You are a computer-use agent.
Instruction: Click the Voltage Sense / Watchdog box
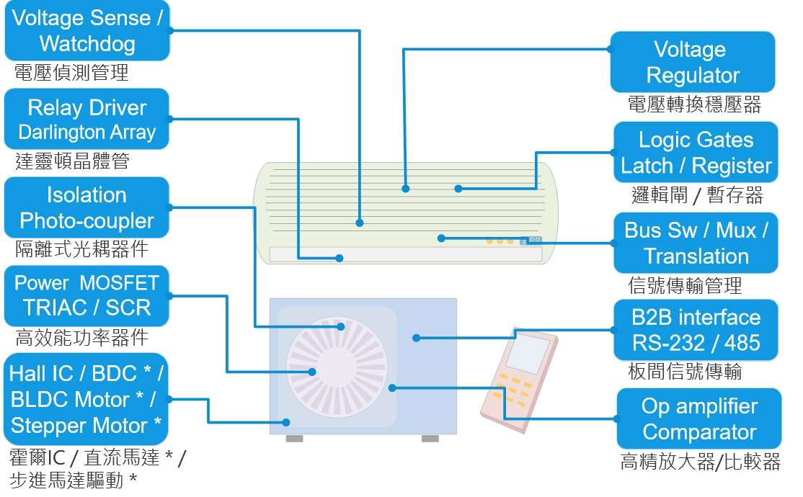(x=87, y=31)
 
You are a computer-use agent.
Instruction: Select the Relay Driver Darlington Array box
(x=87, y=120)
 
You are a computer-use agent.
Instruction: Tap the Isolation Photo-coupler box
(x=87, y=208)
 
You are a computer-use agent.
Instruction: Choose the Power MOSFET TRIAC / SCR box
(x=87, y=295)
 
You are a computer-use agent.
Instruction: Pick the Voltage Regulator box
(x=693, y=62)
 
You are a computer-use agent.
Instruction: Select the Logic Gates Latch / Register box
(x=696, y=153)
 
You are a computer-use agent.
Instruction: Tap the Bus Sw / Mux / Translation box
(x=696, y=243)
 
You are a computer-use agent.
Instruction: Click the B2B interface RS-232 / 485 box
(x=696, y=330)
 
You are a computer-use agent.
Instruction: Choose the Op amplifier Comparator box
(x=699, y=418)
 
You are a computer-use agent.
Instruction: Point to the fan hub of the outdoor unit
(x=312, y=372)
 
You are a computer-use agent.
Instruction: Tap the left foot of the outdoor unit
(x=294, y=438)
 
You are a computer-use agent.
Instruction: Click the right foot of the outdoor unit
(x=430, y=438)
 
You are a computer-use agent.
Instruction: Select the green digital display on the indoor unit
(x=534, y=241)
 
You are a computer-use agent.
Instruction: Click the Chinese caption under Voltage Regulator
(x=694, y=104)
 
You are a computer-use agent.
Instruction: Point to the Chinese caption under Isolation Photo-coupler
(x=81, y=249)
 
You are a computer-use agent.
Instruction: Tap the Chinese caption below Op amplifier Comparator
(x=700, y=462)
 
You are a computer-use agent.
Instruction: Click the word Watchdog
(x=87, y=44)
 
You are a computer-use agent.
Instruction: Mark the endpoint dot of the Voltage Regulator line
(x=406, y=189)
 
